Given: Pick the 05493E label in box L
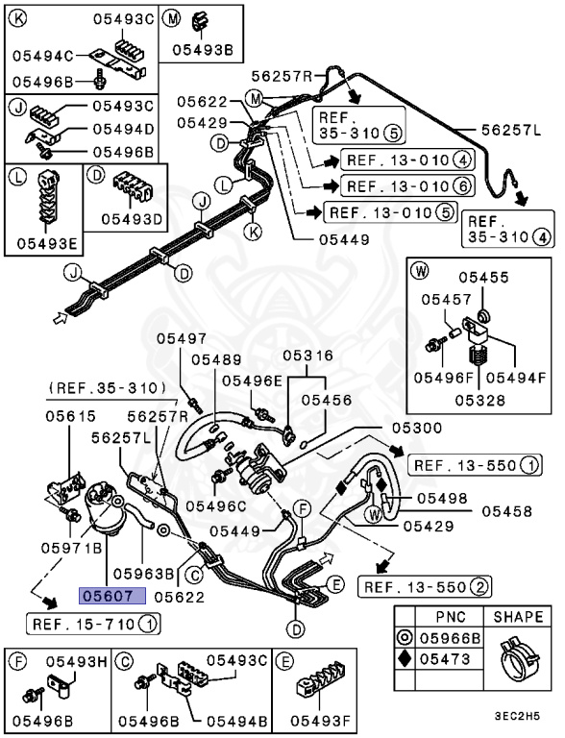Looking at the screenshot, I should click(x=43, y=244).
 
